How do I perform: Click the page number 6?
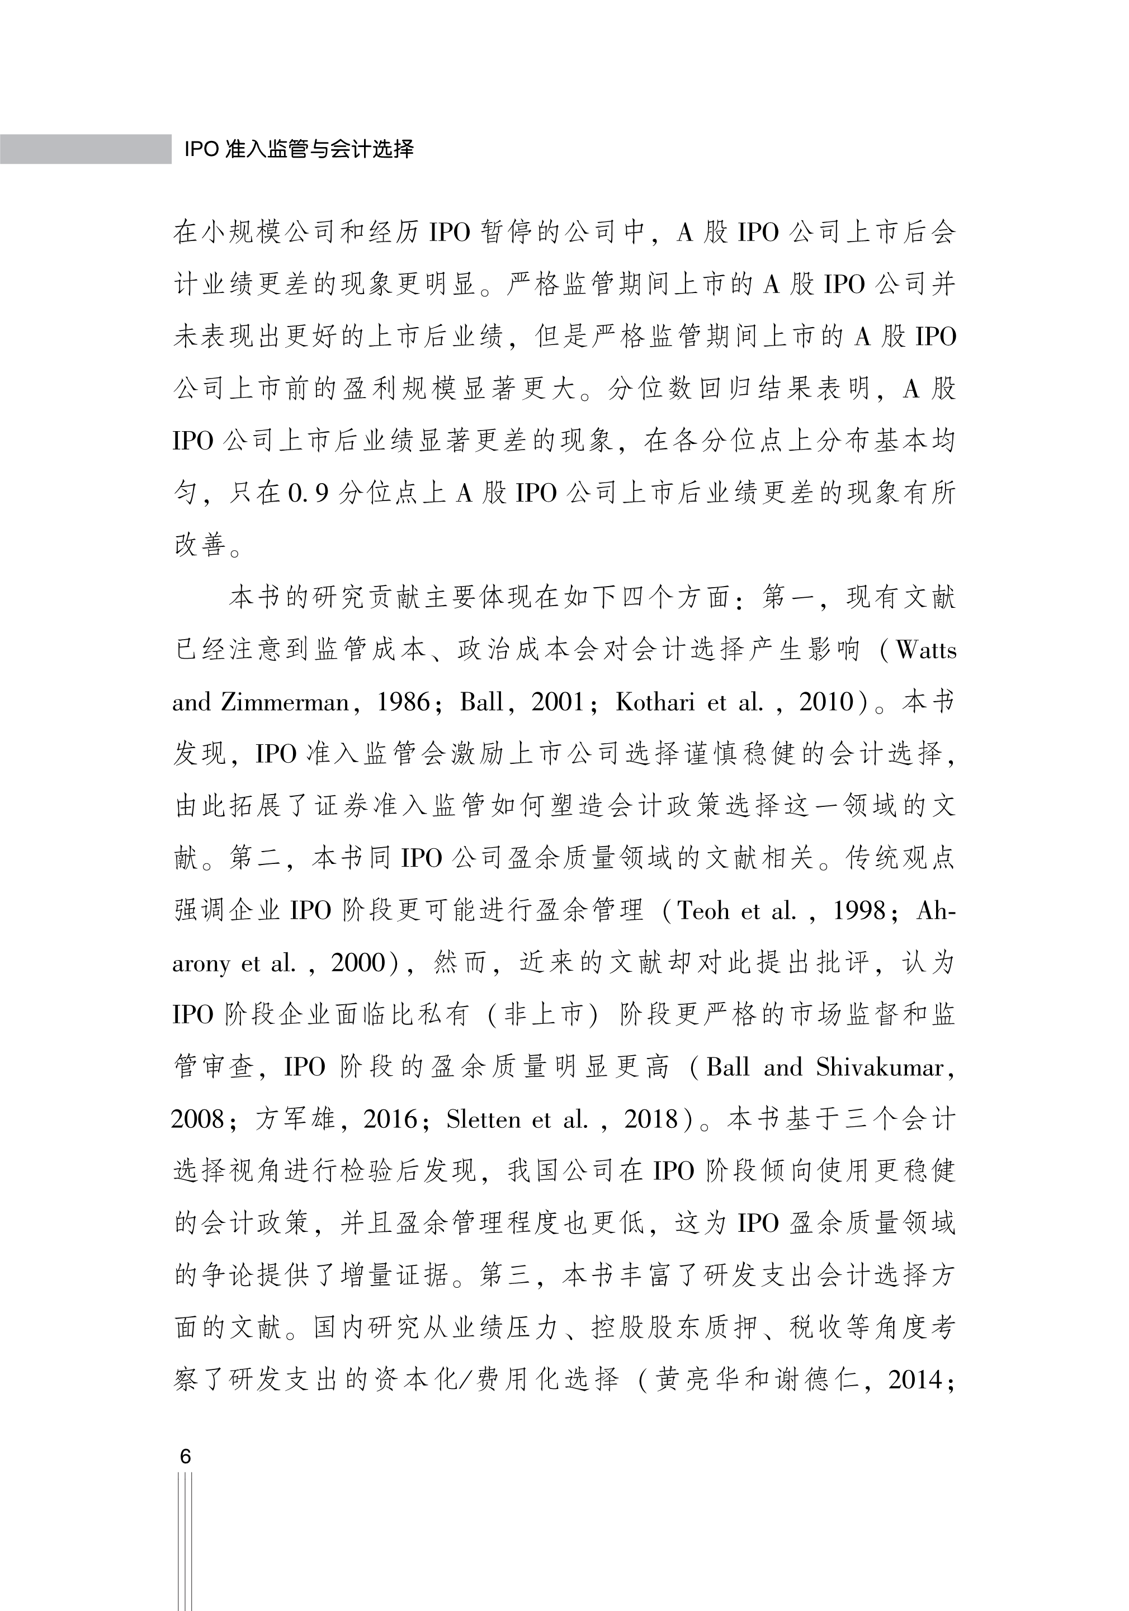point(185,1456)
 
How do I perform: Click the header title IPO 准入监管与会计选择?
point(298,149)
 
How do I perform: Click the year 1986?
point(404,702)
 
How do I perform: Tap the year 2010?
point(826,702)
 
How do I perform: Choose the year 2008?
point(199,1119)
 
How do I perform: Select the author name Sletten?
point(484,1119)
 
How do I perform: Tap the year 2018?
point(651,1119)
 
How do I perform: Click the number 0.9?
point(308,494)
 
